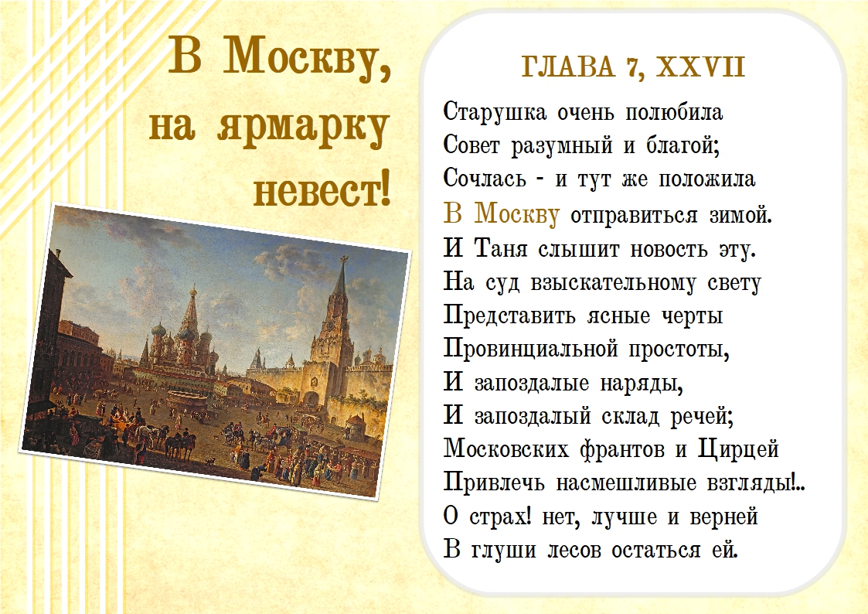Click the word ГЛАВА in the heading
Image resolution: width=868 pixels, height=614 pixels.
[568, 67]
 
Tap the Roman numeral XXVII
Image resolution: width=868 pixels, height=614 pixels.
[701, 67]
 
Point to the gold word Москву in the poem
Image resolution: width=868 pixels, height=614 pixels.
[517, 213]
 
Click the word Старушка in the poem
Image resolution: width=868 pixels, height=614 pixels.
[495, 113]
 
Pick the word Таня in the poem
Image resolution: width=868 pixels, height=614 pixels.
[502, 248]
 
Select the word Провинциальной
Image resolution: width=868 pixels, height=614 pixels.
[530, 348]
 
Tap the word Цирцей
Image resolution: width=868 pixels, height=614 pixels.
[738, 449]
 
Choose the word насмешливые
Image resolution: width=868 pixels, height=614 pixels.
[626, 483]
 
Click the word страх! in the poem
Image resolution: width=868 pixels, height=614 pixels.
[500, 517]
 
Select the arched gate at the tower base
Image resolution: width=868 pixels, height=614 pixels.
[311, 399]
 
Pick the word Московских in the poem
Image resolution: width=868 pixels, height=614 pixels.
[506, 449]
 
